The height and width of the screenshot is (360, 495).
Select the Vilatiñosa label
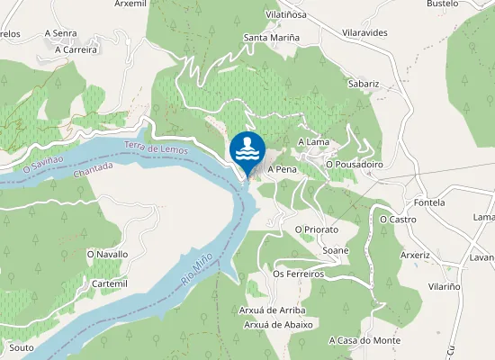click(x=288, y=15)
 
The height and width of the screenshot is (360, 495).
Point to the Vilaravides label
click(x=364, y=31)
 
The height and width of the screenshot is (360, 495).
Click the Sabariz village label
click(x=364, y=84)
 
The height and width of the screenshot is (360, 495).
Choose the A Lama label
click(x=313, y=142)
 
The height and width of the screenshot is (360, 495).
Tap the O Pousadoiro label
click(x=355, y=165)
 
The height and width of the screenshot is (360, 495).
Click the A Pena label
click(x=282, y=169)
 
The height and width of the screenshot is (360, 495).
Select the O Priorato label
click(x=316, y=229)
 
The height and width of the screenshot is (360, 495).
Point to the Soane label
click(x=335, y=250)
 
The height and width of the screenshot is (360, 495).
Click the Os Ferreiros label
click(x=297, y=274)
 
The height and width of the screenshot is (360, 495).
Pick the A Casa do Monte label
click(x=364, y=340)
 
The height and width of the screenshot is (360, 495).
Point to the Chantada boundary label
click(x=94, y=170)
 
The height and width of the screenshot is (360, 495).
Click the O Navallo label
click(x=107, y=255)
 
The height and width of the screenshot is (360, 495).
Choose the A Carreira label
click(x=75, y=50)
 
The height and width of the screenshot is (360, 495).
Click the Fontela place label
click(x=428, y=202)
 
